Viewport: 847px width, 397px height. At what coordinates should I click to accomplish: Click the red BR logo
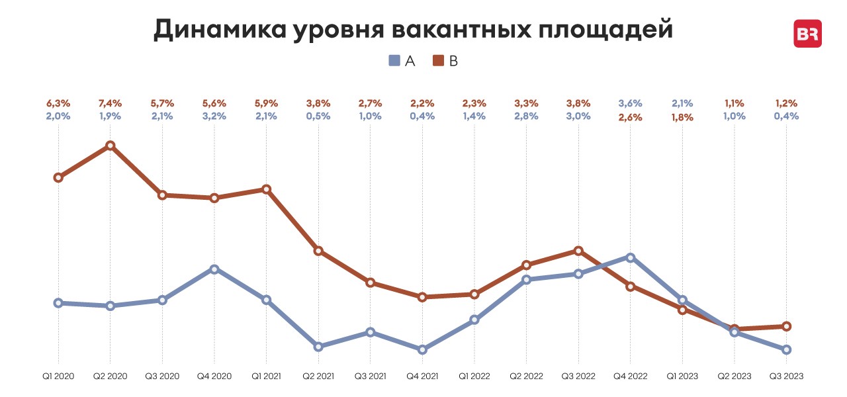[807, 34]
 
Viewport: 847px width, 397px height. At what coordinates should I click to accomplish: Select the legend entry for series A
[402, 61]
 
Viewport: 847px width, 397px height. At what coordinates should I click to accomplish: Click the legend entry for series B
[445, 61]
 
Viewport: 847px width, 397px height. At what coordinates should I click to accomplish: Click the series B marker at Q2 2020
[111, 146]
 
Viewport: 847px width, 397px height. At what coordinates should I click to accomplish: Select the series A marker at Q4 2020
[214, 269]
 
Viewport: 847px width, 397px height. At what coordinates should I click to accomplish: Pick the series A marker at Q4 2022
[631, 257]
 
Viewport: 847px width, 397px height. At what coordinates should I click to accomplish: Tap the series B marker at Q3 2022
[578, 251]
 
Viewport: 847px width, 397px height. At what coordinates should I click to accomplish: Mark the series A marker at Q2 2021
[318, 347]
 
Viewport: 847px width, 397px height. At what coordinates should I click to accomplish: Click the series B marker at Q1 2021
[266, 189]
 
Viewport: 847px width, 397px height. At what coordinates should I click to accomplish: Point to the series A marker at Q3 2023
[786, 349]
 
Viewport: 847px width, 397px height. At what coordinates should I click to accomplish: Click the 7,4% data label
[111, 104]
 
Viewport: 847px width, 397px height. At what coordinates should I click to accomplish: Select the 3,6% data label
[631, 104]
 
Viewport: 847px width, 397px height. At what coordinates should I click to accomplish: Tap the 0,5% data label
[318, 116]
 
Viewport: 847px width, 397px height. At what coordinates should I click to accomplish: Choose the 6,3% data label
[58, 104]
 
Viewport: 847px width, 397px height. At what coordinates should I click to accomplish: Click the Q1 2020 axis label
[58, 376]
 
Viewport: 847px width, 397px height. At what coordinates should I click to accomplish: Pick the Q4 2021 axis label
[422, 376]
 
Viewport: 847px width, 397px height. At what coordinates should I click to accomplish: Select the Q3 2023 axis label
[786, 376]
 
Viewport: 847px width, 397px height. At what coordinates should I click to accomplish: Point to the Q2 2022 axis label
[526, 376]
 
